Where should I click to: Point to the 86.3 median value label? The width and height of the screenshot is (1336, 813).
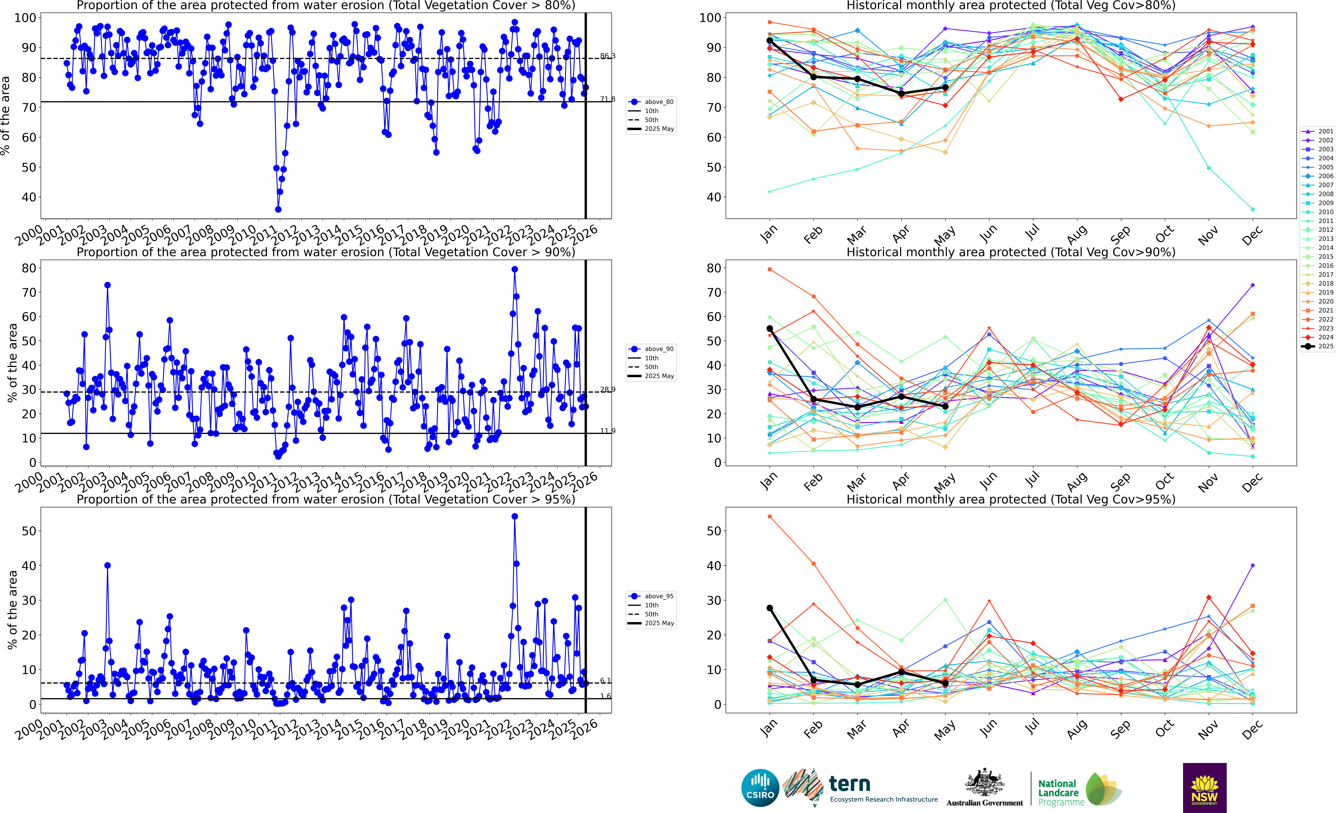click(x=607, y=56)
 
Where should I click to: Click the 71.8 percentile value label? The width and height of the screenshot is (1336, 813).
click(x=607, y=99)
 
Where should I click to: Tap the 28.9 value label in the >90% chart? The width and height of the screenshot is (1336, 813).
click(x=607, y=389)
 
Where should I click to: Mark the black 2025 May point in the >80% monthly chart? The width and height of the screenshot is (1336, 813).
click(x=945, y=87)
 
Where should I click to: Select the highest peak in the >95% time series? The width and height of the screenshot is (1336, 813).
click(x=515, y=517)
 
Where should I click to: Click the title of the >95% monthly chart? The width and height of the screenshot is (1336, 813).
click(x=1011, y=499)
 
